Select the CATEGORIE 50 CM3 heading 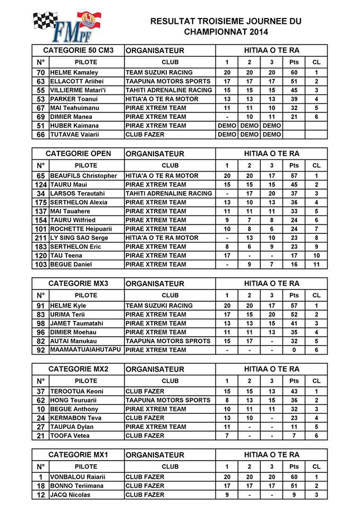pyautogui.click(x=78, y=50)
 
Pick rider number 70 pyautogui.click(x=41, y=73)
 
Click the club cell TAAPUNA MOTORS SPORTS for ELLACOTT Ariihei pyautogui.click(x=168, y=81)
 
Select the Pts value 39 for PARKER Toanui pyautogui.click(x=294, y=99)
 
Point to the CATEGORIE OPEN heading pyautogui.click(x=78, y=154)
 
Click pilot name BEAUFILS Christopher pyautogui.click(x=83, y=176)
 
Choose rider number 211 pyautogui.click(x=41, y=237)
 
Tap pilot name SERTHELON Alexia pyautogui.click(x=79, y=202)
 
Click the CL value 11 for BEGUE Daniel pyautogui.click(x=316, y=265)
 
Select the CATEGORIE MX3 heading pyautogui.click(x=78, y=283)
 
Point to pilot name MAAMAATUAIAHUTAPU pyautogui.click(x=85, y=350)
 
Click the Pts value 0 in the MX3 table pyautogui.click(x=294, y=350)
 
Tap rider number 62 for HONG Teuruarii pyautogui.click(x=41, y=400)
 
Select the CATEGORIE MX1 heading pyautogui.click(x=78, y=455)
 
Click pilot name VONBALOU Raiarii pyautogui.click(x=78, y=477)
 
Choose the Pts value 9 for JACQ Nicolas pyautogui.click(x=294, y=495)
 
